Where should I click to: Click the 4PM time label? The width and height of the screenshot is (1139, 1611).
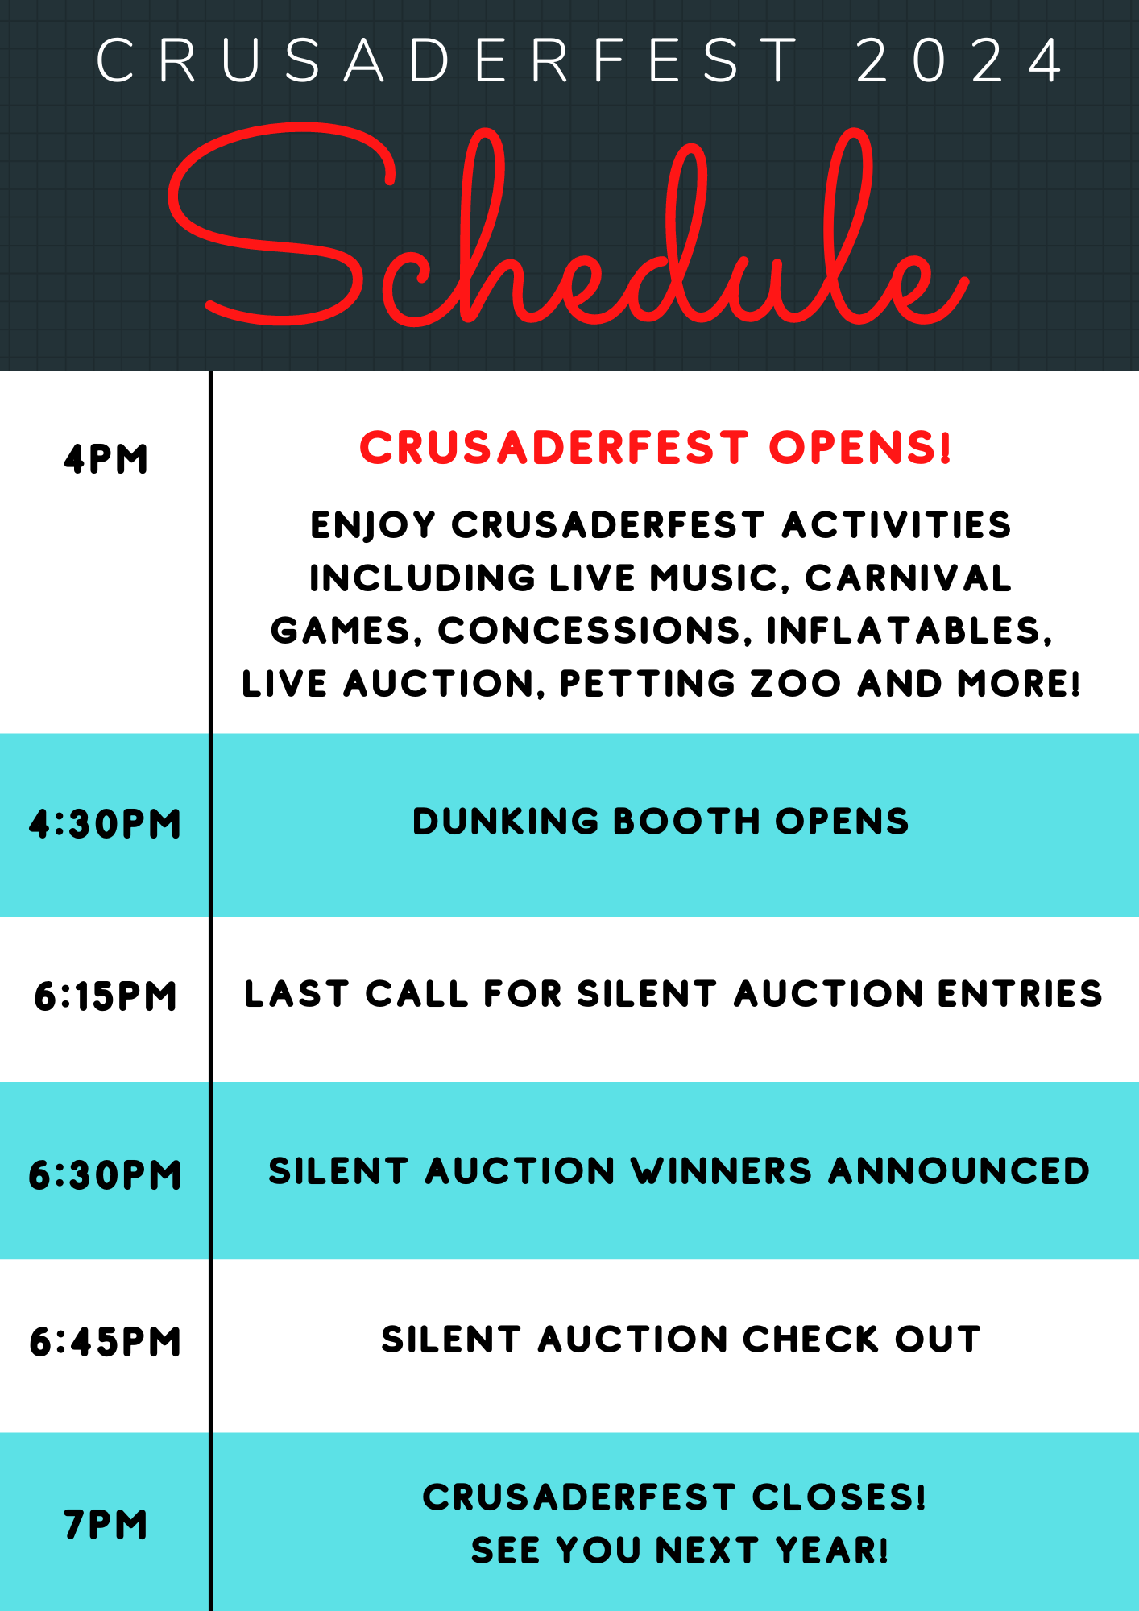(106, 459)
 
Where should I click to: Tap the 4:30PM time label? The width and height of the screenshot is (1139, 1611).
(106, 824)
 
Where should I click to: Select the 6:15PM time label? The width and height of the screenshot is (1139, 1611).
(106, 996)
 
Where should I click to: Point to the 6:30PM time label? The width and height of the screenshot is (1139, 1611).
(106, 1174)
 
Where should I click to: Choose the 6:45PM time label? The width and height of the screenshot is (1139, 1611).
(106, 1342)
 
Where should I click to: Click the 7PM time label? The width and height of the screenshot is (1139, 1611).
(106, 1525)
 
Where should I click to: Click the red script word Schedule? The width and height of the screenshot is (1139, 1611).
(569, 226)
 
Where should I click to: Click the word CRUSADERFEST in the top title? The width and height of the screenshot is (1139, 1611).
(448, 60)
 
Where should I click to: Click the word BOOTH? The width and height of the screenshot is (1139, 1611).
(687, 822)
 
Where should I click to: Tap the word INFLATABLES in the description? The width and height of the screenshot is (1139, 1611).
(909, 631)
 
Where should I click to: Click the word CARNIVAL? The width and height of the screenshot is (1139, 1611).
(909, 578)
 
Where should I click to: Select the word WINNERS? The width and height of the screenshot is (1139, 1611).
(722, 1171)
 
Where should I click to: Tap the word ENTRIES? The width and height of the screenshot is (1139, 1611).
(1020, 994)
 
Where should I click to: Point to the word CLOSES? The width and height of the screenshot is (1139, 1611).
(839, 1497)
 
